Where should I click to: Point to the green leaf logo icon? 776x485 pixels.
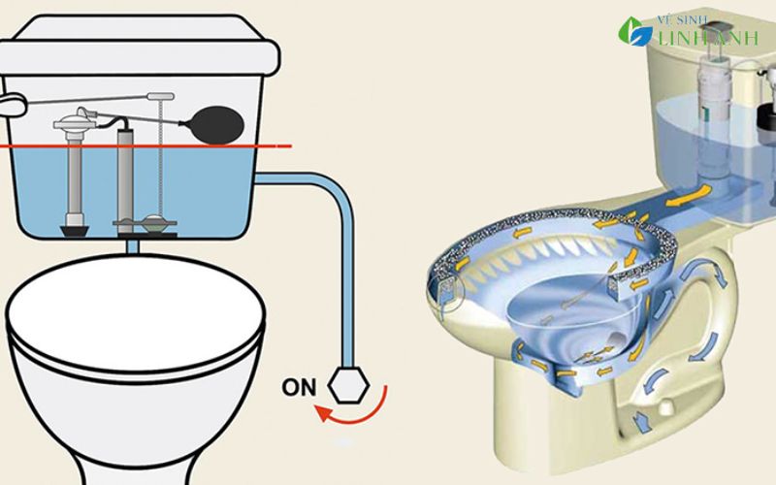[x=634, y=31]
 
